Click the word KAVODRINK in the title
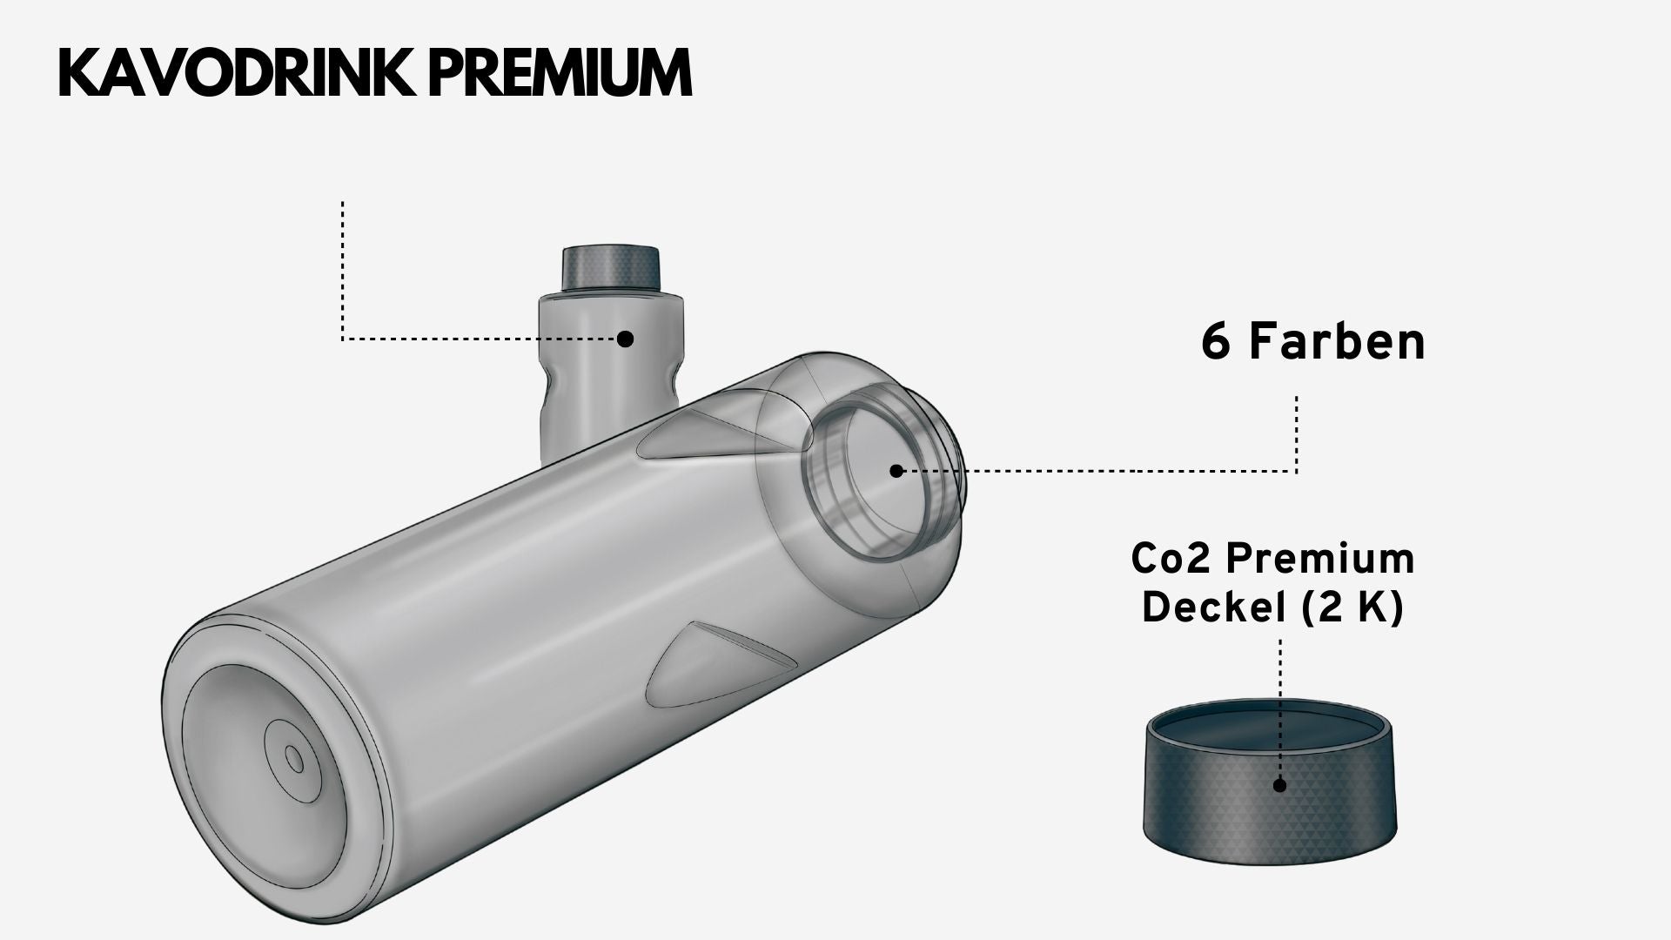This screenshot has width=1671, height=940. (x=237, y=73)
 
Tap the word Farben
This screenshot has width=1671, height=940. (x=1338, y=342)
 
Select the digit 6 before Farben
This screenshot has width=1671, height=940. (x=1217, y=342)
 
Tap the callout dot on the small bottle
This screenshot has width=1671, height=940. (x=625, y=339)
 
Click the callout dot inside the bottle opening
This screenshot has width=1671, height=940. (x=896, y=471)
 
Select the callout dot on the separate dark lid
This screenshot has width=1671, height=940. (x=1279, y=784)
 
